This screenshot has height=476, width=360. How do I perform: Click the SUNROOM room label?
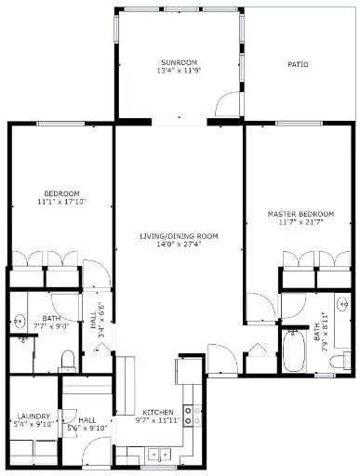[x=179, y=62]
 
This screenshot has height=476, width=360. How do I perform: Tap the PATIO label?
[x=298, y=64]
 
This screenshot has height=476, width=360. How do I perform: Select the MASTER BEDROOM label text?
[x=300, y=214]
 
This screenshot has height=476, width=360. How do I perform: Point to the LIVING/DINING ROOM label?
[x=179, y=236]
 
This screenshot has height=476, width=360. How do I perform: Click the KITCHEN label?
[x=158, y=413]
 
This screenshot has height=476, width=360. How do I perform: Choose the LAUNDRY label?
[x=33, y=416]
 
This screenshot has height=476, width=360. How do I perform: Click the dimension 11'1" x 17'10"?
[x=61, y=202]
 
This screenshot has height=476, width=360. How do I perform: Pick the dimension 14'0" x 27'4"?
[x=179, y=245]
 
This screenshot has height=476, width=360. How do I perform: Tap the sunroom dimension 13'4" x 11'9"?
[x=179, y=71]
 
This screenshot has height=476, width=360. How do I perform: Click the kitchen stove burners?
[x=193, y=416]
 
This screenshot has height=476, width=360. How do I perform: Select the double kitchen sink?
[x=159, y=454]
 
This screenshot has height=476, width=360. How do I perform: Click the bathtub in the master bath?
[x=294, y=350]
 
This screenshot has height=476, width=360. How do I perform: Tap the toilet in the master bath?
[x=340, y=362]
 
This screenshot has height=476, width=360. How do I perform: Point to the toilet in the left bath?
[x=67, y=361]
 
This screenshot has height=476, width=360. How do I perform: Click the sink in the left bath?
[x=20, y=321]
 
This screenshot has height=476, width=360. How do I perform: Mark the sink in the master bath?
[x=343, y=304]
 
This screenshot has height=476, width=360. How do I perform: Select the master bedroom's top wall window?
[x=299, y=124]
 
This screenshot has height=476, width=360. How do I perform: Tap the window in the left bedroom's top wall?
[x=60, y=124]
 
